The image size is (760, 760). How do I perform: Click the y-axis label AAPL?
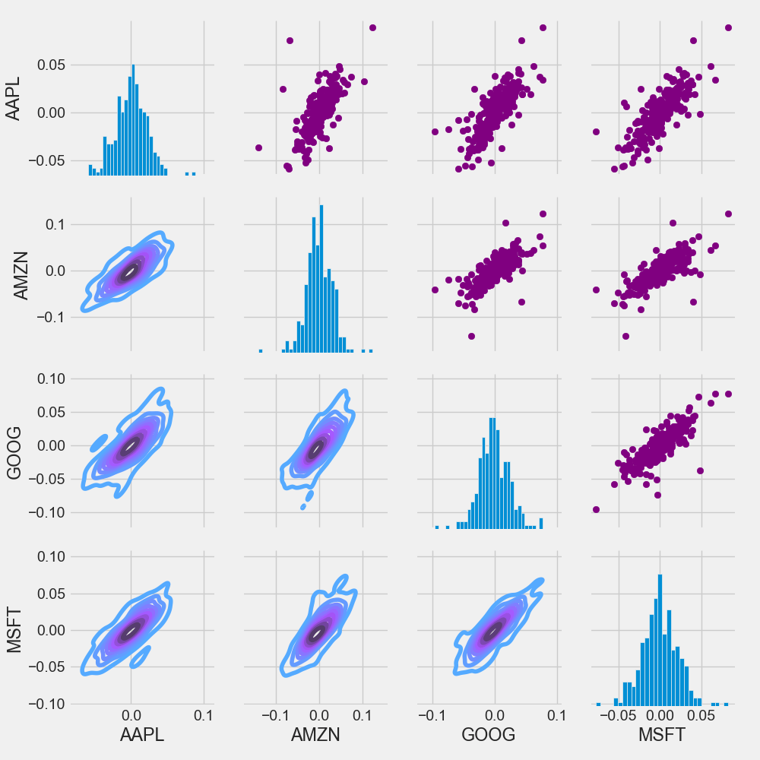[x=13, y=99]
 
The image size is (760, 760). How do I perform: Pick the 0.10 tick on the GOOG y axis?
[x=46, y=378]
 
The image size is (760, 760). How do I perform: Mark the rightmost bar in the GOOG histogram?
[x=541, y=523]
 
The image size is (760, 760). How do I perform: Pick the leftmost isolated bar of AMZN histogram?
[x=260, y=350]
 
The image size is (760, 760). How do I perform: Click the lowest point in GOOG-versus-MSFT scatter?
[x=595, y=509]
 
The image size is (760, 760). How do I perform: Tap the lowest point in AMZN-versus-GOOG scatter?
[x=471, y=336]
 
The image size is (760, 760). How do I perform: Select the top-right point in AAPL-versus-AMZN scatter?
[x=372, y=27]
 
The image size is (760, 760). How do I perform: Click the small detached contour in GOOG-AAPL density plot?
[x=100, y=442]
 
